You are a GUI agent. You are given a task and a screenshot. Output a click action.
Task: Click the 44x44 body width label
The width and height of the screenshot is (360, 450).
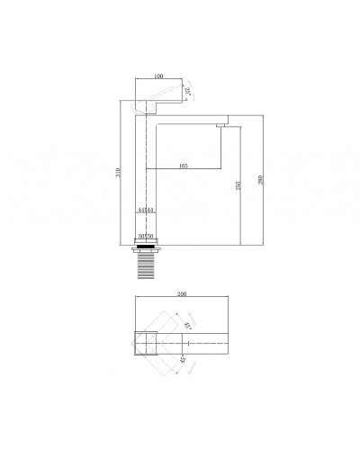pos(146,209)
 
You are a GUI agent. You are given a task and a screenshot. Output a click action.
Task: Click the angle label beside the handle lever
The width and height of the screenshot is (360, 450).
pos(187,91)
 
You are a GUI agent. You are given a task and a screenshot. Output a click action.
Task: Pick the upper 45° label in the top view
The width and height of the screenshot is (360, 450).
pos(188,327)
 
